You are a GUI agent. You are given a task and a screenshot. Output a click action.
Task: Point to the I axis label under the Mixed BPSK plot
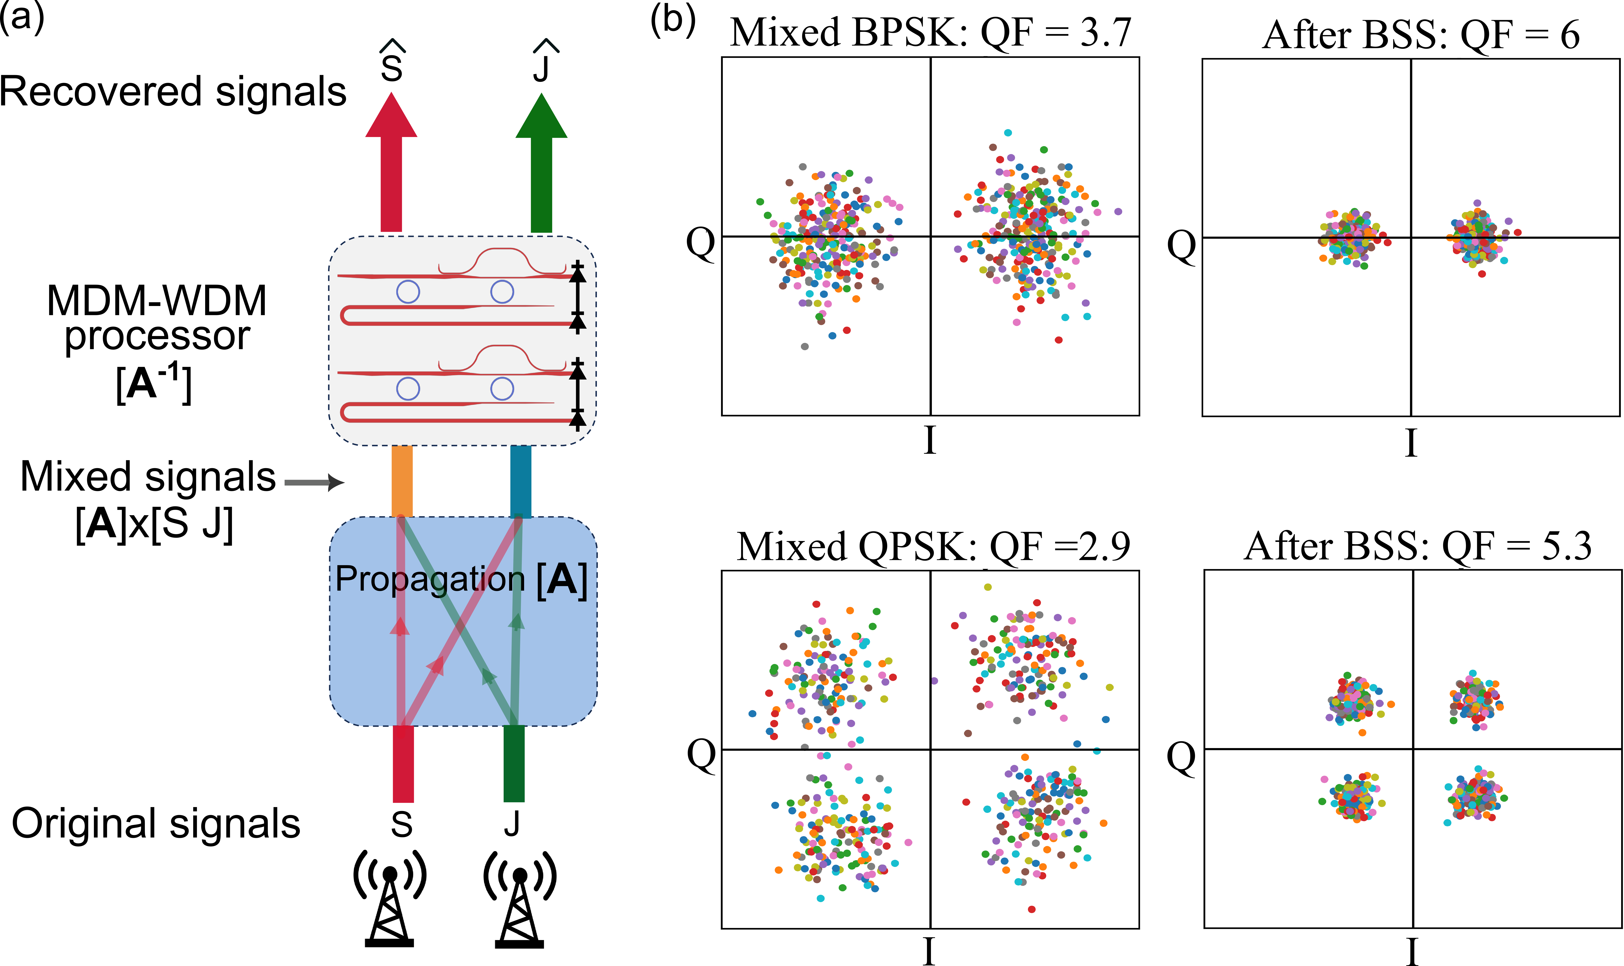tap(930, 441)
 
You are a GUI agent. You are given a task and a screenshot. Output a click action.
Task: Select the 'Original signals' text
tap(156, 823)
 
